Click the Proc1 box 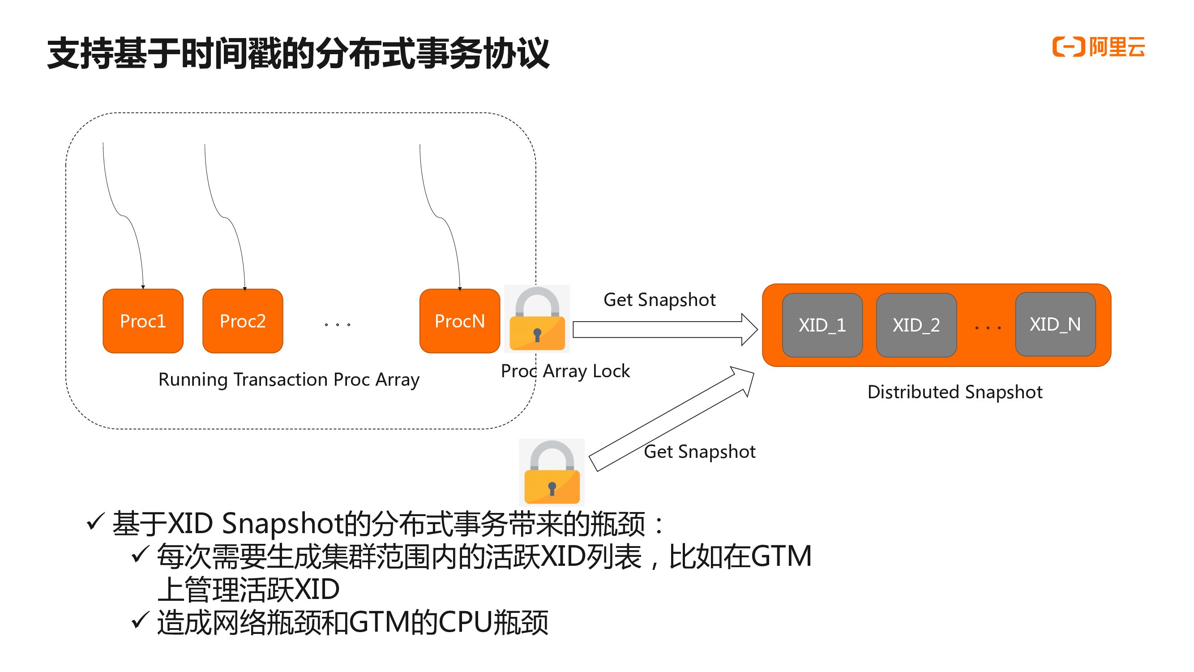[143, 321]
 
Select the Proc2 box [242, 321]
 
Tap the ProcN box [459, 321]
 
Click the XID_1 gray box [822, 325]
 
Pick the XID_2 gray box [916, 325]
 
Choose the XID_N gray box [1055, 324]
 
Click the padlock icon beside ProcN [537, 319]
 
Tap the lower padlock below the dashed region [552, 472]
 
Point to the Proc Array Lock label [565, 371]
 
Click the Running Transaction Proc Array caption [289, 379]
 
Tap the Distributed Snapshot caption [955, 392]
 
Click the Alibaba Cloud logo [1098, 47]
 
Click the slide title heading [298, 54]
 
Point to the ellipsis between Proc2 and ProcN [338, 324]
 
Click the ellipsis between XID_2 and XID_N [988, 327]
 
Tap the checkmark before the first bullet [95, 522]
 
